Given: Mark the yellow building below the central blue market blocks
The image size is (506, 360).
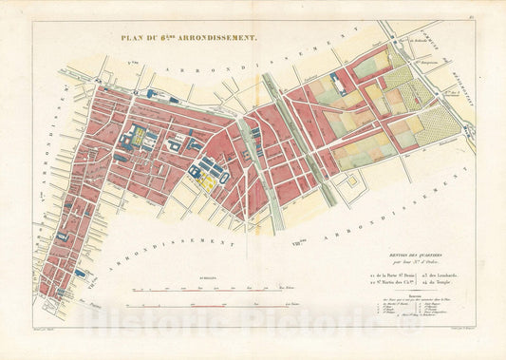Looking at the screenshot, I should pos(206,181).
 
